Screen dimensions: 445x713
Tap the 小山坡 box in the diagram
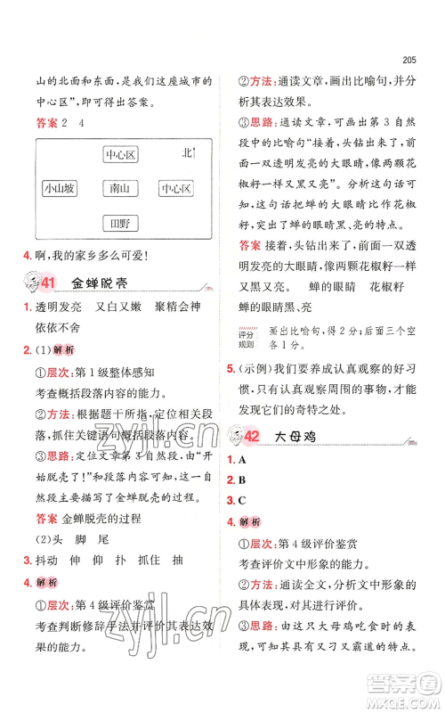pos(60,189)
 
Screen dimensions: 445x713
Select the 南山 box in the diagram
pos(119,189)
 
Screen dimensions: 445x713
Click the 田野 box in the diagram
pos(119,223)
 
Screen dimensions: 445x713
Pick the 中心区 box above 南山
pos(119,155)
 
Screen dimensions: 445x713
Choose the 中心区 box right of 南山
pos(177,189)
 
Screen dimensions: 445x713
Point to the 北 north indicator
pos(188,153)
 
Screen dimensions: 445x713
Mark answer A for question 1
pos(243,460)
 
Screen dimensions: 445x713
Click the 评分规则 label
pos(250,340)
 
